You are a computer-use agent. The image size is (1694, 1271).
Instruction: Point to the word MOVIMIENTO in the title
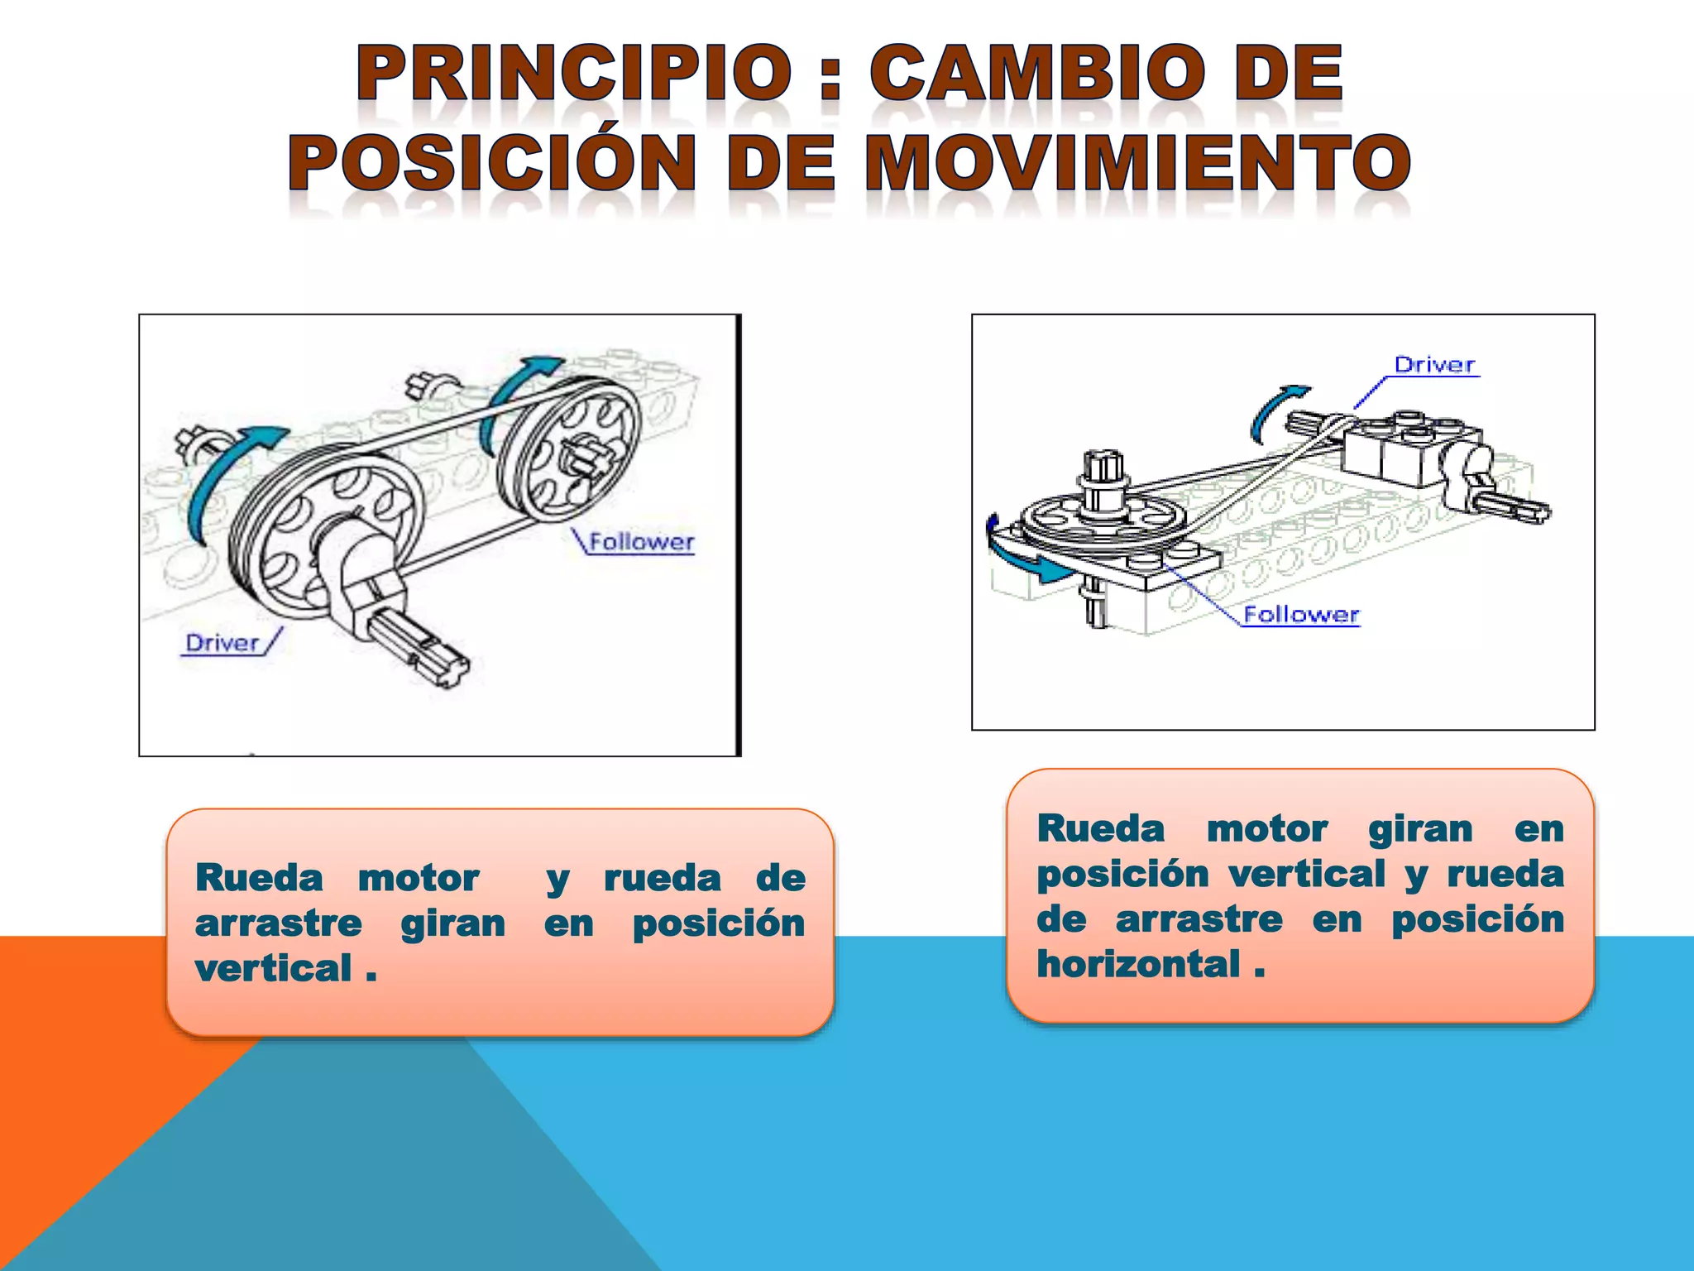pos(1137,163)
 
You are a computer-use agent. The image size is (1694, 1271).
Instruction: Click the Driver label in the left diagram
pos(222,643)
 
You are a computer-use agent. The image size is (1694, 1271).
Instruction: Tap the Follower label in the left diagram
pos(641,543)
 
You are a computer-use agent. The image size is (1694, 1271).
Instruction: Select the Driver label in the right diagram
pos(1434,365)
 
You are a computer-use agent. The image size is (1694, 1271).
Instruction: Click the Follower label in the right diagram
pos(1301,615)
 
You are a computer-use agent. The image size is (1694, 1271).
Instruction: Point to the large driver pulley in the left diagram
pos(327,530)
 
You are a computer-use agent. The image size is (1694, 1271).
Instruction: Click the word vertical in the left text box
pos(274,969)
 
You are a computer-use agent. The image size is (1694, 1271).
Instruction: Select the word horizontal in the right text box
pos(1139,965)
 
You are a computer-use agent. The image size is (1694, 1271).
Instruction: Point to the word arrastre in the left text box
pos(279,924)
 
